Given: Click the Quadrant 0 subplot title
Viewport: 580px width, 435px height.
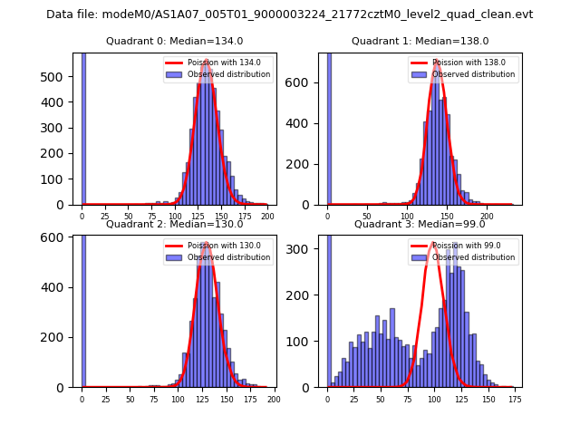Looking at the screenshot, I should pos(174,41).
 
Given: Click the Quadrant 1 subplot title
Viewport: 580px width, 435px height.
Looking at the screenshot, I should pos(420,41).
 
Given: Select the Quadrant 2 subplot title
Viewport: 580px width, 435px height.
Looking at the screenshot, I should pos(174,224).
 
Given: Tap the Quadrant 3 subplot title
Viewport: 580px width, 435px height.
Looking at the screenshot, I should pos(420,224).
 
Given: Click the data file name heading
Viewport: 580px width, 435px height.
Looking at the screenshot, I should pos(290,14).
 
